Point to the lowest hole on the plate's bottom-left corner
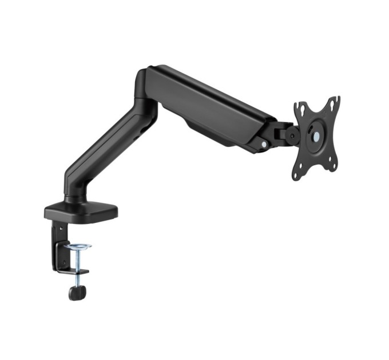point(296,174)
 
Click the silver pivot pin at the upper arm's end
point(263,145)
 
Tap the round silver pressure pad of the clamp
point(78,247)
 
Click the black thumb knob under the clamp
point(77,291)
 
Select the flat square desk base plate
point(81,212)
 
